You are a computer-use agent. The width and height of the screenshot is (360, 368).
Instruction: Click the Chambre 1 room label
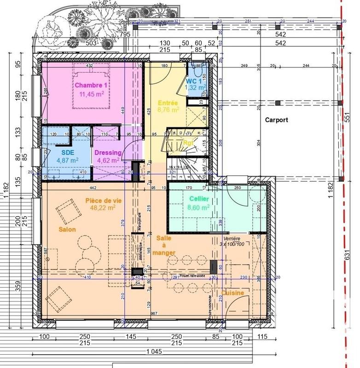pyautogui.click(x=91, y=86)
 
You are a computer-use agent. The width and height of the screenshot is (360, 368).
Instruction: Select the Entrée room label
pyautogui.click(x=168, y=103)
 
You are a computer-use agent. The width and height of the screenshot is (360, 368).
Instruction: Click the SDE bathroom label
pyautogui.click(x=67, y=152)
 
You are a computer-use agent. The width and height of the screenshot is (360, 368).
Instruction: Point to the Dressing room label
pyautogui.click(x=108, y=153)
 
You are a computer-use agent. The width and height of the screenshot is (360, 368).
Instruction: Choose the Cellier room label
pyautogui.click(x=199, y=199)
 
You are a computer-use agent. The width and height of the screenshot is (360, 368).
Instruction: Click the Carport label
pyautogui.click(x=276, y=120)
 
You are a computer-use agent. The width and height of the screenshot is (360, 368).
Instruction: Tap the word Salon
pyautogui.click(x=67, y=229)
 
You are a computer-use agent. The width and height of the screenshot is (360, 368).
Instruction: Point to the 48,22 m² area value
pyautogui.click(x=102, y=208)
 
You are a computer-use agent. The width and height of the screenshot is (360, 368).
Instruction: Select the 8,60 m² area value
pyautogui.click(x=198, y=207)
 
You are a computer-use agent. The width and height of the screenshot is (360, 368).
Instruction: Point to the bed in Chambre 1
pyautogui.click(x=91, y=87)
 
